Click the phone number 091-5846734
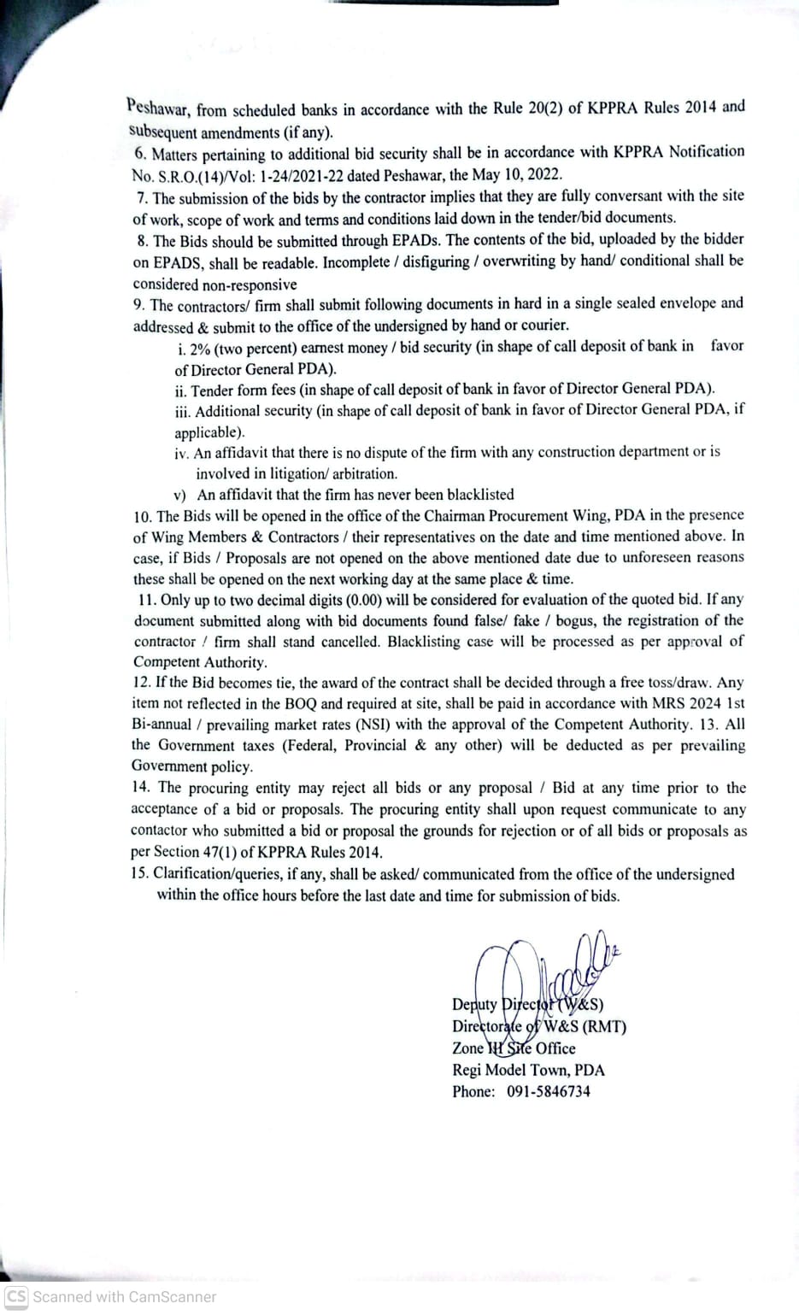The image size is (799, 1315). pos(548,1091)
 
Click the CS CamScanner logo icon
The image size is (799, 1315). pos(16,1296)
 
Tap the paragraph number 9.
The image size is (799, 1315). pos(138,304)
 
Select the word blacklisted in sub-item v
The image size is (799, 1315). pos(473,495)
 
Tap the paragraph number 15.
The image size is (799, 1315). pos(139,873)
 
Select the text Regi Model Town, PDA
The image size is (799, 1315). pos(528,1070)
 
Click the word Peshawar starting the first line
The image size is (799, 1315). pos(158,109)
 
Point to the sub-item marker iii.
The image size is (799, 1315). pos(183,411)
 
